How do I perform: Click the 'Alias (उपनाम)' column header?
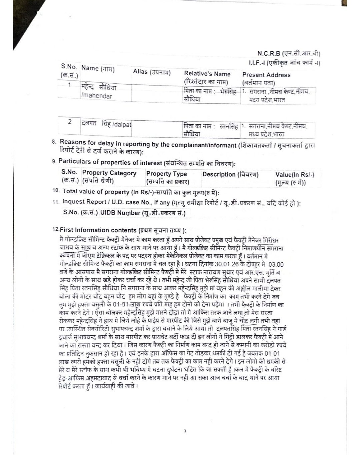coord(152,72)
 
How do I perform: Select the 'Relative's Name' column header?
coord(207,74)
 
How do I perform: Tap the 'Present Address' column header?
coord(266,75)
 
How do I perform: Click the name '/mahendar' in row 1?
coord(97,96)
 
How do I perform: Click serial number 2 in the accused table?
coord(70,122)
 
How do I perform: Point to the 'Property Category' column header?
coord(109,173)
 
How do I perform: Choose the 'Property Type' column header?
coord(166,174)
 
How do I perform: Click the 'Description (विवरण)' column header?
coord(230,174)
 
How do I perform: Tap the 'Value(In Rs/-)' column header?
coord(295,175)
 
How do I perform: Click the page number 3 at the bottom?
coord(185,431)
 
